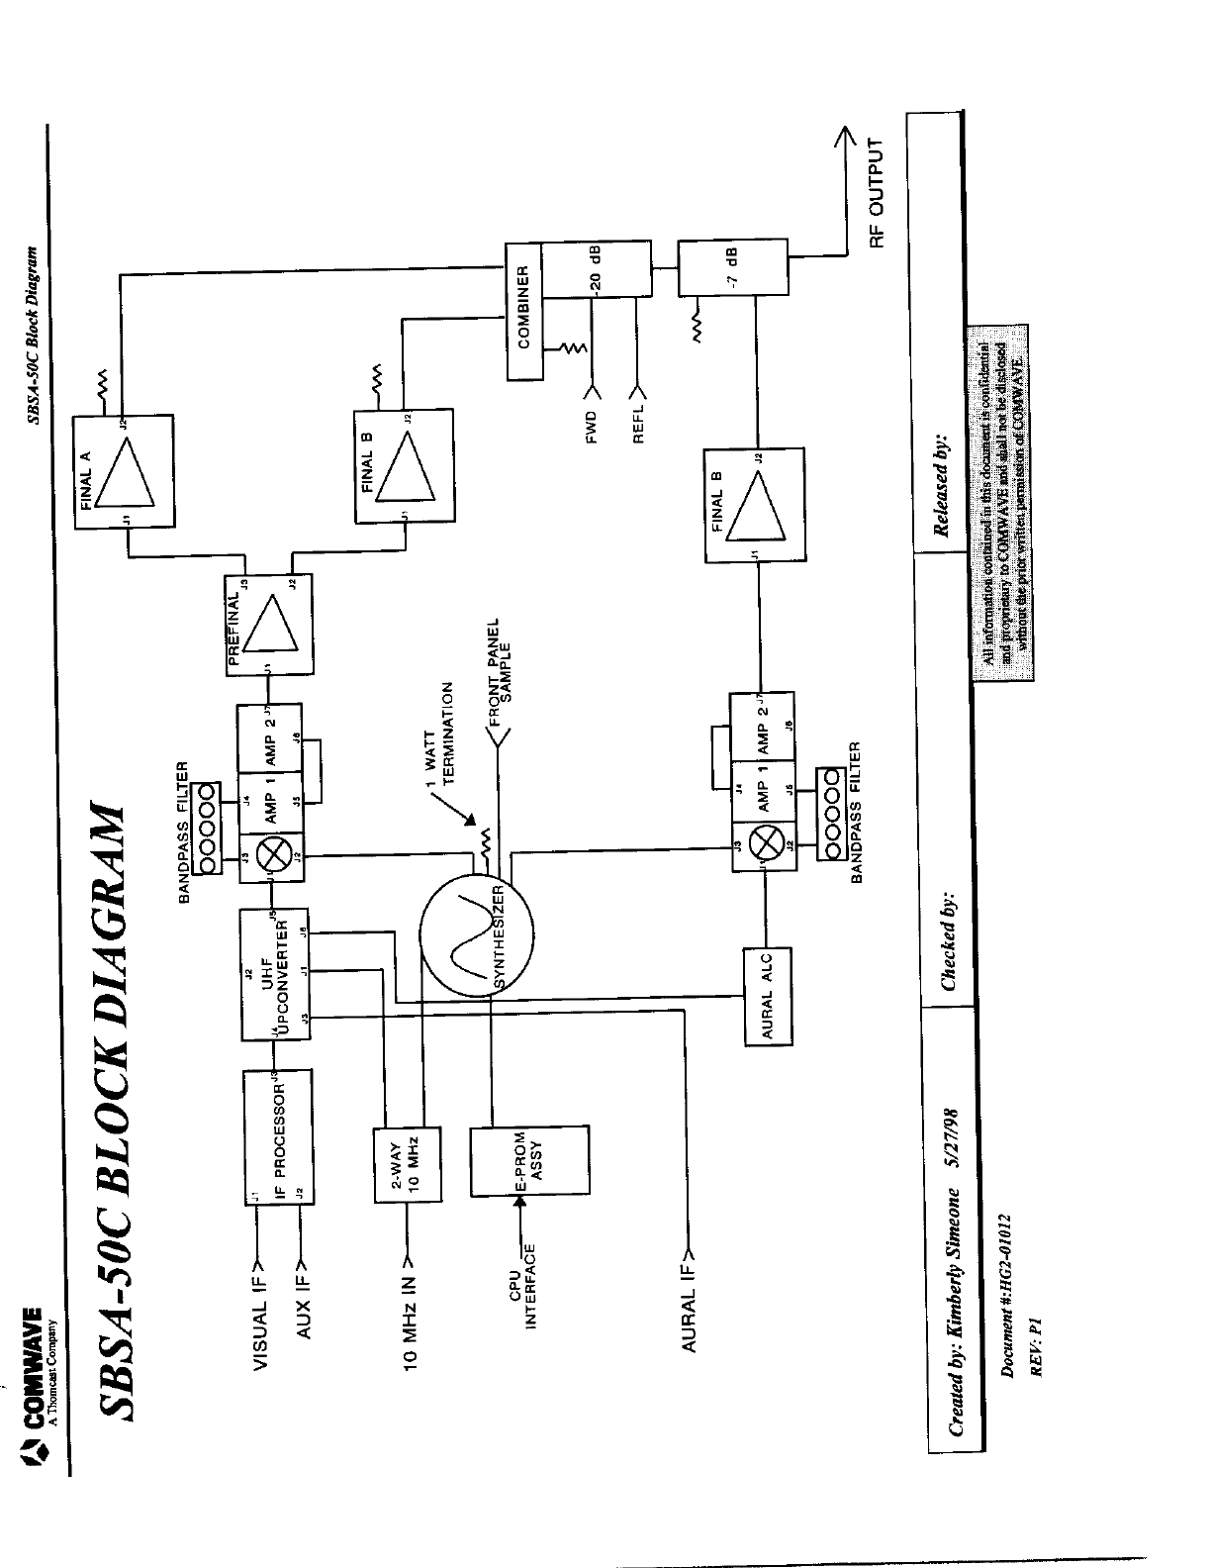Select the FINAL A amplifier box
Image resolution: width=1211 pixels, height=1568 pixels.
[124, 472]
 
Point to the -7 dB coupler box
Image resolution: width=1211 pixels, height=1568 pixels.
[733, 266]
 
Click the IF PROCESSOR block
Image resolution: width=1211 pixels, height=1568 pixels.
[280, 1136]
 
